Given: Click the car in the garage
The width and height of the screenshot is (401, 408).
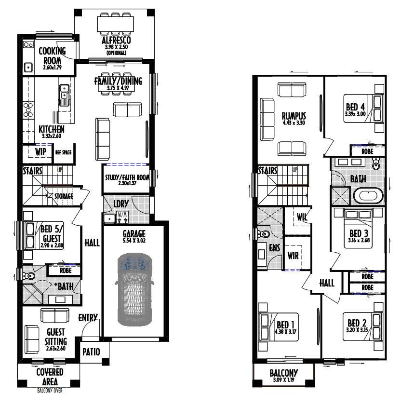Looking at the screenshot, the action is tap(134, 289).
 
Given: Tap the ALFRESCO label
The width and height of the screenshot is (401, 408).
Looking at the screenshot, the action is tap(116, 40).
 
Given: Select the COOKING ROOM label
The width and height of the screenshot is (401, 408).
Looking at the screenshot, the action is tap(52, 55).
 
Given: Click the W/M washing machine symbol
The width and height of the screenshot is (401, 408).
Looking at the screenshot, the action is tap(122, 218).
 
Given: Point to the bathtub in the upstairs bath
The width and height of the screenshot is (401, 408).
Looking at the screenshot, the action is tap(368, 196).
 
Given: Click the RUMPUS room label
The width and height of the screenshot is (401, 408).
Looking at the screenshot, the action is tap(294, 116).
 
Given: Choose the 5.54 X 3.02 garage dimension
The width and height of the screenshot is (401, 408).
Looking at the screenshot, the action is tap(134, 241).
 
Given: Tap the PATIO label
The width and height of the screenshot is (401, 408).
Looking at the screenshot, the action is tap(91, 352).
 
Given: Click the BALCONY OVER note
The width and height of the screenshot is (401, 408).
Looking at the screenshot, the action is tap(50, 390).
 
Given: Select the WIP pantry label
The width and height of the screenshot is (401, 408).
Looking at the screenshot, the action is tap(40, 152).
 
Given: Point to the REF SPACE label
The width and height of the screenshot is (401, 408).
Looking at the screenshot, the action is tap(64, 152).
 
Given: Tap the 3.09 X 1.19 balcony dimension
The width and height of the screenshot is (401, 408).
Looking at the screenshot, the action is tap(284, 380).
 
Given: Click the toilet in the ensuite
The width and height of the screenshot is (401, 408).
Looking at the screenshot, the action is tap(263, 233).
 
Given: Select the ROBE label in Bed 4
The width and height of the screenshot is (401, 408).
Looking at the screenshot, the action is tap(367, 151).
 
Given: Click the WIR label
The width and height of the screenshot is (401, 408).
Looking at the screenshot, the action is tap(293, 256).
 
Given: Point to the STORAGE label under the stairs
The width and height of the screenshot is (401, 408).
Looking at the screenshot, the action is tap(64, 196).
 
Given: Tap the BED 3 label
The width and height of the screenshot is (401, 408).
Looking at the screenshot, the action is tap(359, 233).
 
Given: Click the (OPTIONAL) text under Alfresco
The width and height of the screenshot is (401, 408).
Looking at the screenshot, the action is tap(116, 53).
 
